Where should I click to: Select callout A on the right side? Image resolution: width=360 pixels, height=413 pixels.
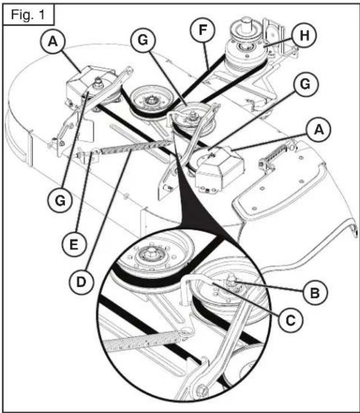[x=318, y=130]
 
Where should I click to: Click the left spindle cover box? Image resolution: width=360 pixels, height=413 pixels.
[x=85, y=85]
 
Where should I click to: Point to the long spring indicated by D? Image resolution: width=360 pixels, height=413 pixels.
[x=132, y=146]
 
